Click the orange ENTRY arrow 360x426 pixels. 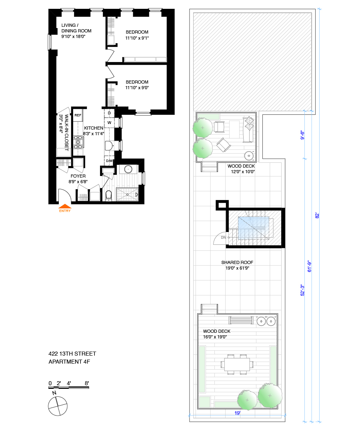65,206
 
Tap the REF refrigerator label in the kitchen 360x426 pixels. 78,115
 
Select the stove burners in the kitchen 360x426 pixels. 78,142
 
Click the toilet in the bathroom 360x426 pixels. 109,195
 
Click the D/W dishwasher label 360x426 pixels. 109,161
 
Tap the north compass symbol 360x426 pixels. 58,406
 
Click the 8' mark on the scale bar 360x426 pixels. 87,383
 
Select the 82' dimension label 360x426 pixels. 317,216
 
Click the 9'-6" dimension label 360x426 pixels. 302,135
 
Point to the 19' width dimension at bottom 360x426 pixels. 238,413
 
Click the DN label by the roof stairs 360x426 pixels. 223,238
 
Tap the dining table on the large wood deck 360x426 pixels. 237,364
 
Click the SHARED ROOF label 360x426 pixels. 237,262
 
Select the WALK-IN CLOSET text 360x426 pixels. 66,132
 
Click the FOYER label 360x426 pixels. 78,176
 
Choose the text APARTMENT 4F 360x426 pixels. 69,362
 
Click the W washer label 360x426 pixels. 109,122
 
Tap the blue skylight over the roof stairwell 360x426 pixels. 254,228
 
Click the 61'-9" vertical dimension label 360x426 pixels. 309,266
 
